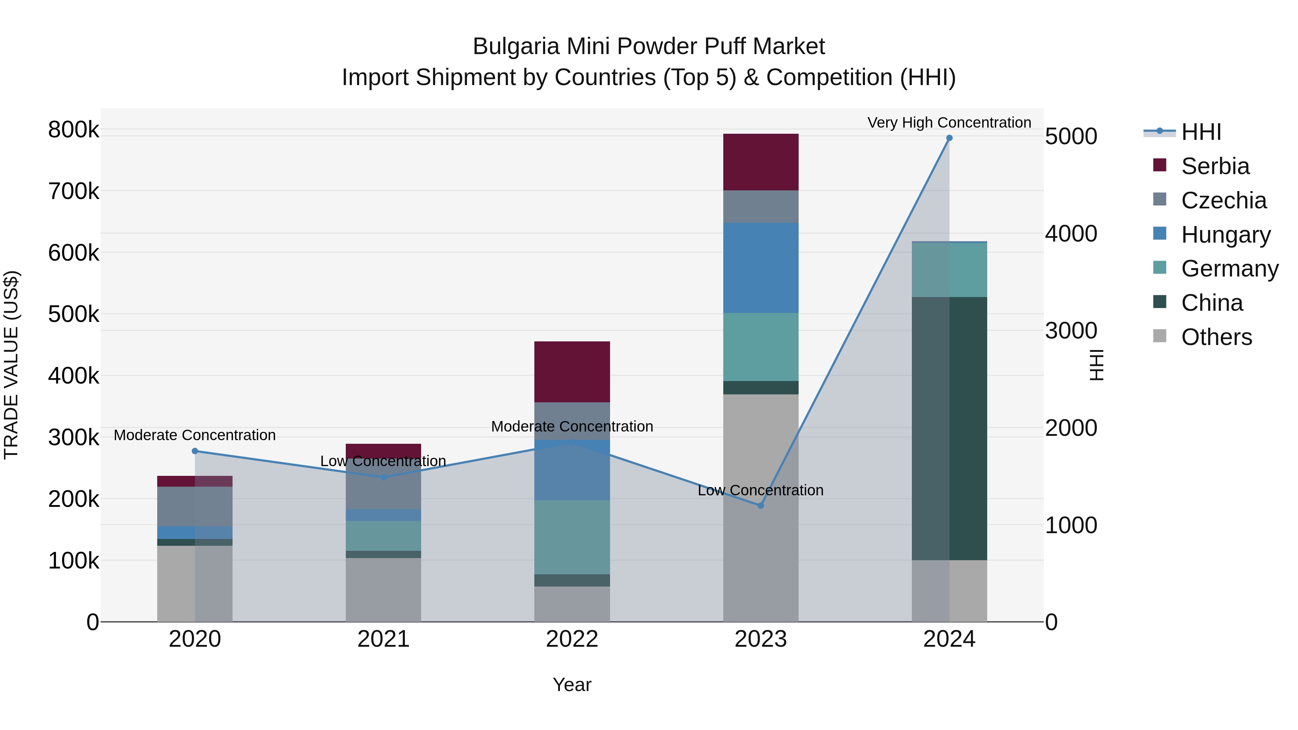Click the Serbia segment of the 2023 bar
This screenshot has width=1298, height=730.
[x=760, y=162]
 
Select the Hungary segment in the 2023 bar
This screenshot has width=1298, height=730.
[x=760, y=267]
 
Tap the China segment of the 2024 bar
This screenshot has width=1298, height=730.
[x=949, y=428]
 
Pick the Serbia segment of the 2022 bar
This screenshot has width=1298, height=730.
[x=572, y=372]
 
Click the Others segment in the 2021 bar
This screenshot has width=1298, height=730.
[x=383, y=589]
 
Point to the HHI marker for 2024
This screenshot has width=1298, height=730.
[x=949, y=138]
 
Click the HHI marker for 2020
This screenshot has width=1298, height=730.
[x=195, y=451]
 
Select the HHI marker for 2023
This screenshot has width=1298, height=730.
[x=761, y=505]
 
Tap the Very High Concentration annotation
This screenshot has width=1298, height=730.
[x=949, y=123]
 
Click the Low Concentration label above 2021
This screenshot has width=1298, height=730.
[x=383, y=461]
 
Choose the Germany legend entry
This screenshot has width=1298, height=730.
[x=1229, y=269]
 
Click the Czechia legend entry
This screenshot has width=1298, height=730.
[x=1223, y=200]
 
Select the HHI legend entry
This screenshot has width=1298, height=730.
[x=1201, y=132]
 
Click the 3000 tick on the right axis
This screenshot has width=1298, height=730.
[x=1071, y=331]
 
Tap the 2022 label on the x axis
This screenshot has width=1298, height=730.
[x=572, y=639]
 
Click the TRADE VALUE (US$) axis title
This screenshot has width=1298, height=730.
[x=12, y=365]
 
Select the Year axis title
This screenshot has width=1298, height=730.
[x=572, y=685]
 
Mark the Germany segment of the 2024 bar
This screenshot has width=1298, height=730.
[x=949, y=270]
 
